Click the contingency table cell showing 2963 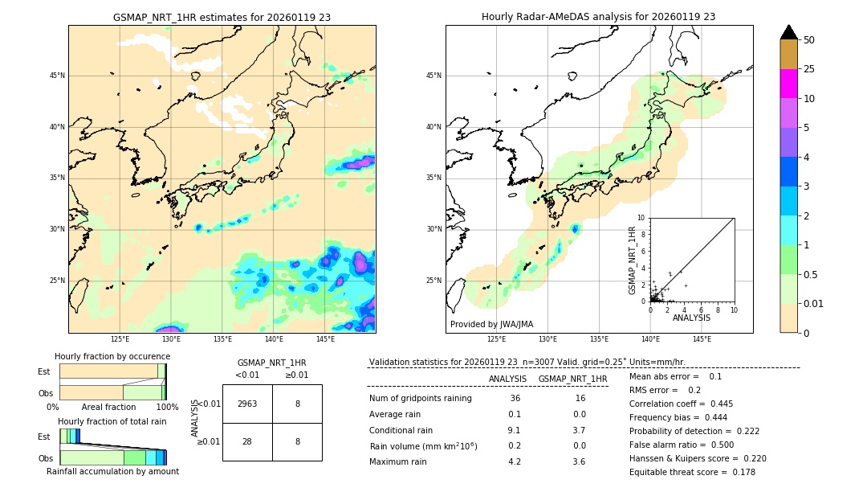[247, 404]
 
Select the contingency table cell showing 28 [247, 441]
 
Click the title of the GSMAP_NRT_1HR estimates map [222, 17]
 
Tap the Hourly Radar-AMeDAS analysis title [598, 17]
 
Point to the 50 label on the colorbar [809, 40]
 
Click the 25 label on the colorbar [809, 69]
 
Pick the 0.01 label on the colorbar [814, 303]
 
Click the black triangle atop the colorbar [789, 32]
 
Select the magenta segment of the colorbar [789, 84]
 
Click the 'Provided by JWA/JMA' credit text [491, 325]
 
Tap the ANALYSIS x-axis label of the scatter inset [691, 318]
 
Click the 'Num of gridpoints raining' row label [420, 399]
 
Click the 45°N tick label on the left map [57, 76]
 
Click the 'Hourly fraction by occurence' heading [112, 356]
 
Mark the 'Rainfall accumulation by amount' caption [112, 471]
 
